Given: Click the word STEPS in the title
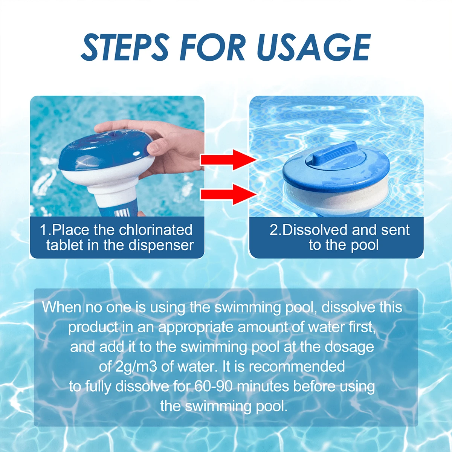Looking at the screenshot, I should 125,47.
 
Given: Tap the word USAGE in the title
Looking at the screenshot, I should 314,47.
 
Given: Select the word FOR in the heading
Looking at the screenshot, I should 212,47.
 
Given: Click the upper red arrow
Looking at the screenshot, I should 228,159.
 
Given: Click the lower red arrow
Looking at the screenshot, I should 228,194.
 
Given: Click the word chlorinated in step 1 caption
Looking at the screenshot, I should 156,230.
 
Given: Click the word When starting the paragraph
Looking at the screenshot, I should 62,307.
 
